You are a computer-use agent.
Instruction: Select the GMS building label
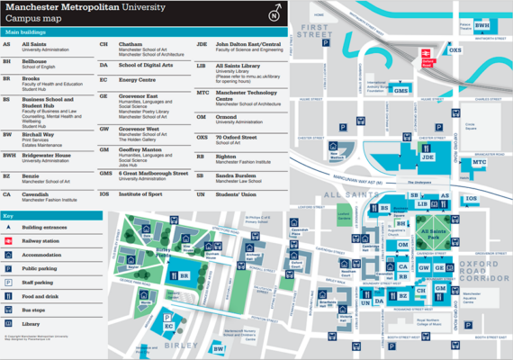(401, 91)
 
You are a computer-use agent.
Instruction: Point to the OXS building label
(454, 50)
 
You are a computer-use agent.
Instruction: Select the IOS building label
(471, 197)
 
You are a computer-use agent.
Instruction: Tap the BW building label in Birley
(218, 348)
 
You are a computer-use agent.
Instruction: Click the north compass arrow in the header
(274, 13)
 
